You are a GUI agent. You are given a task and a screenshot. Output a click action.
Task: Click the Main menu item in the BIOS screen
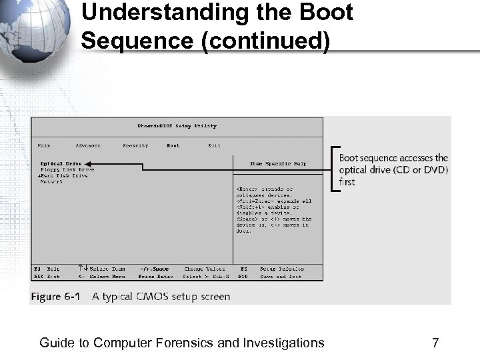(43, 145)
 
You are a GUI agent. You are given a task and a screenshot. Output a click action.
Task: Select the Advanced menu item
(87, 145)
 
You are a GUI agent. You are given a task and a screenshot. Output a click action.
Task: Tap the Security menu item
(135, 145)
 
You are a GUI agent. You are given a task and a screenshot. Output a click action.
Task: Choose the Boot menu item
(173, 145)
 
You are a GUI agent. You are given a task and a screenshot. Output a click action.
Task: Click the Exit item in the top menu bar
(214, 145)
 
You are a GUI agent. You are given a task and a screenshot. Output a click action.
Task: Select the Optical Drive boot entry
(61, 163)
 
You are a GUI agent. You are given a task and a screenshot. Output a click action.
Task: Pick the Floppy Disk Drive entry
(67, 169)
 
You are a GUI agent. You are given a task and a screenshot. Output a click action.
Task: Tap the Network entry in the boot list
(51, 181)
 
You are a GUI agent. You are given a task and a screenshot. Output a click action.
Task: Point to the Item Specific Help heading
(278, 163)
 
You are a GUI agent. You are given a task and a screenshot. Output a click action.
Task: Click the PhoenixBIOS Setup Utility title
(177, 126)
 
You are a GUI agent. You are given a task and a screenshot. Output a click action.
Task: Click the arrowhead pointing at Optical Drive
(88, 163)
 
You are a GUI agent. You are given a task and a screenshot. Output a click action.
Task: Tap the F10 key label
(243, 276)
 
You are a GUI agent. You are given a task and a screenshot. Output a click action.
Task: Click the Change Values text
(205, 269)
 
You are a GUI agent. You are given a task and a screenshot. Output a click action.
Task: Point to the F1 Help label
(47, 269)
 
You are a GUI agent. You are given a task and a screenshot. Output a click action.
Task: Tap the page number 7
(435, 343)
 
